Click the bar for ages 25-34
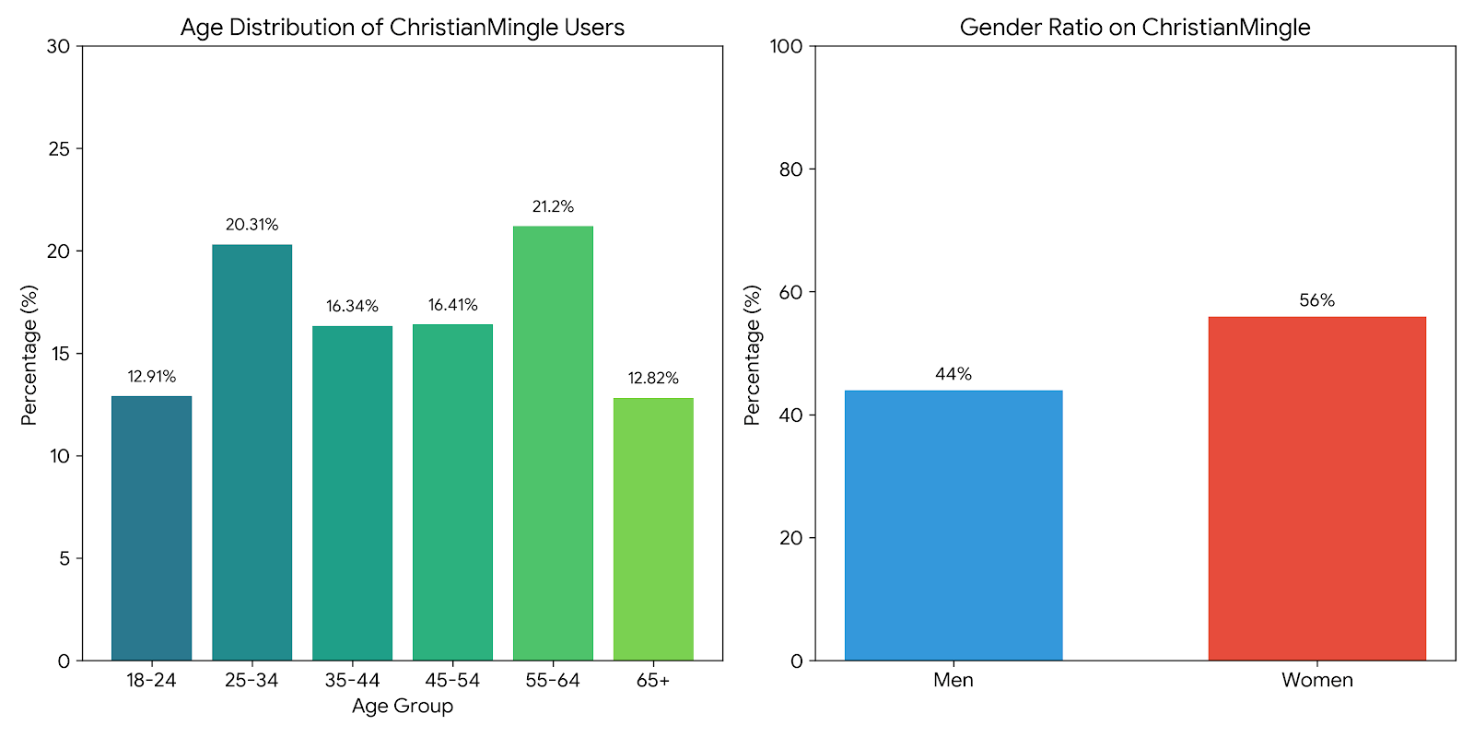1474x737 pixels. (x=252, y=452)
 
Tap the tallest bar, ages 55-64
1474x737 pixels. (x=553, y=443)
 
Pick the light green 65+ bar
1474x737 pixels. (x=653, y=529)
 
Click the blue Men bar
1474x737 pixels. (x=953, y=525)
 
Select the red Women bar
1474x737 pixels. (x=1316, y=488)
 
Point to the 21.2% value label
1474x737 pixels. (x=553, y=207)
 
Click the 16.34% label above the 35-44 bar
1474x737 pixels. (x=352, y=307)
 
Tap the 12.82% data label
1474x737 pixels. (x=653, y=379)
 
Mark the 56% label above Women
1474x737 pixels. (x=1316, y=300)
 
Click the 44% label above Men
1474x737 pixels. (x=953, y=374)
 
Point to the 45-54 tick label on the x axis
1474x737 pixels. (x=452, y=681)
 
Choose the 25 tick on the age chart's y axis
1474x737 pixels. (x=59, y=149)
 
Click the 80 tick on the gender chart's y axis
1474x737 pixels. (x=791, y=170)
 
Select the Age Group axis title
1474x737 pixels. (x=403, y=707)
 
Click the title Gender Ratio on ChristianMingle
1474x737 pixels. (x=1135, y=28)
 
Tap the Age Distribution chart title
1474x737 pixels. (x=403, y=28)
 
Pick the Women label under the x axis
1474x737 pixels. (x=1316, y=681)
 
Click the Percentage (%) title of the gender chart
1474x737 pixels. (x=753, y=355)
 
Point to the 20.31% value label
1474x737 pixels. (x=252, y=225)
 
